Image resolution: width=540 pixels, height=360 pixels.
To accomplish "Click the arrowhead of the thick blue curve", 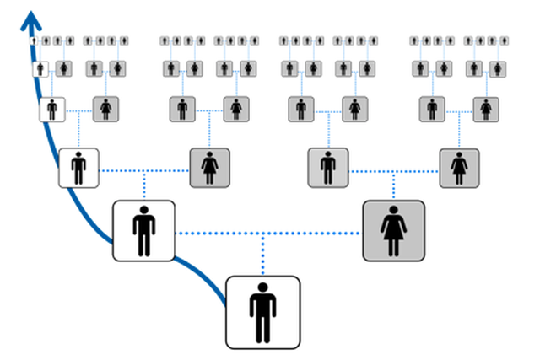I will click(x=33, y=19).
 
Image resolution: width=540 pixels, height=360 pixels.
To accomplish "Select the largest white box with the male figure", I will click(x=262, y=311).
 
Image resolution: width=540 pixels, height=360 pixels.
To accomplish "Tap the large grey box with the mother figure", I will click(x=393, y=230).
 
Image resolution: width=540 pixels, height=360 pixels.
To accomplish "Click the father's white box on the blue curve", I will click(x=143, y=230).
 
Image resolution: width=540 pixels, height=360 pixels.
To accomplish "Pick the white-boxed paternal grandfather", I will click(x=78, y=168).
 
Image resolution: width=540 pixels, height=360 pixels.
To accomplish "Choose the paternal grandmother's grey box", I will click(x=209, y=168).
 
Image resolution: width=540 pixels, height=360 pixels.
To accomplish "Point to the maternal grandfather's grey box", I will click(x=328, y=168).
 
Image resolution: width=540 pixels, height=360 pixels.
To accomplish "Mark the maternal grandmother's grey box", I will click(x=459, y=168).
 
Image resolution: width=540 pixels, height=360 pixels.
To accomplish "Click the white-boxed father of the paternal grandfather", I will click(x=52, y=109).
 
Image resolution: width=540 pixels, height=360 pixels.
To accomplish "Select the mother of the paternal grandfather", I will click(x=106, y=109).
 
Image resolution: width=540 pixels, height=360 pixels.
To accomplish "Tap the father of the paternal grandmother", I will click(x=182, y=109).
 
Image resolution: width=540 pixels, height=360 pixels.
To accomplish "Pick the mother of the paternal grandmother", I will click(x=236, y=109).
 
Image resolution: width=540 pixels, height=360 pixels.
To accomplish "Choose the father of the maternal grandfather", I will click(x=301, y=109).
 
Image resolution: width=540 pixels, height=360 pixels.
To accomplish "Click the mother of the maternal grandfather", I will click(x=355, y=109).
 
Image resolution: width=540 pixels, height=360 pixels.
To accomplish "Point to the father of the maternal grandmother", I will click(x=432, y=109).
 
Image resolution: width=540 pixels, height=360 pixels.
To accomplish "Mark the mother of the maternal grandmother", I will click(x=485, y=109).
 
